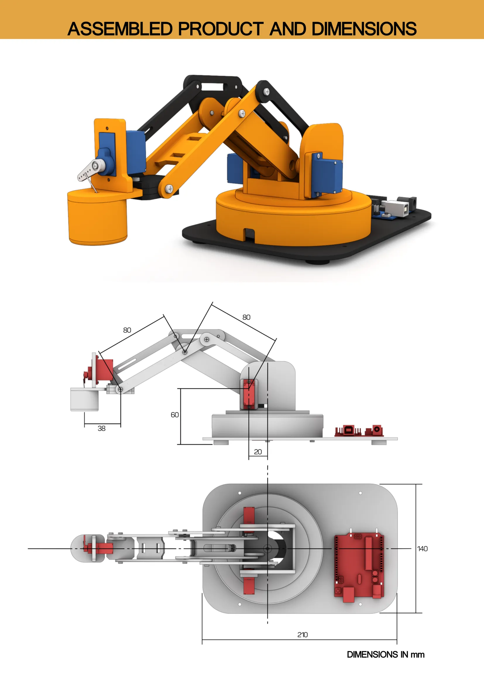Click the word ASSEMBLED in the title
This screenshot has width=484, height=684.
[120, 29]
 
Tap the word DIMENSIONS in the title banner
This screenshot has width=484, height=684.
[364, 29]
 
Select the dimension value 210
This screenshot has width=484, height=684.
[302, 635]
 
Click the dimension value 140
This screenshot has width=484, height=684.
[422, 548]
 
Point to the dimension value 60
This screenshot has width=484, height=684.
[175, 415]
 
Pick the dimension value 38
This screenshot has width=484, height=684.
[101, 429]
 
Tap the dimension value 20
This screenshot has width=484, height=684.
[258, 452]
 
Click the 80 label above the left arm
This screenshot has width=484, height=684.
[127, 330]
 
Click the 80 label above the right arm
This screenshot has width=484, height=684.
[246, 317]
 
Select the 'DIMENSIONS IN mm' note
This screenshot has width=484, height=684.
[385, 654]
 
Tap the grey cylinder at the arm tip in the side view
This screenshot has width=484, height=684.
[84, 399]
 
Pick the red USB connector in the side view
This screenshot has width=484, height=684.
[349, 430]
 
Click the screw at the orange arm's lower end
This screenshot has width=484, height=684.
[169, 188]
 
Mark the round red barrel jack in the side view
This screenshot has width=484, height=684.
[377, 429]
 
